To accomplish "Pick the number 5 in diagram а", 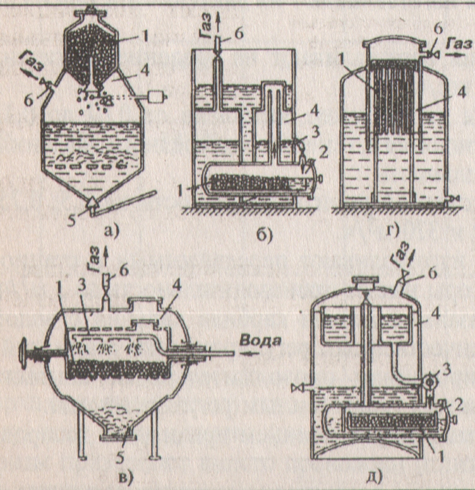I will tap(76, 204).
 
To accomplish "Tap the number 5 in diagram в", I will tap(130, 434).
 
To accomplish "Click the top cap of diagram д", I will tap(364, 281).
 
